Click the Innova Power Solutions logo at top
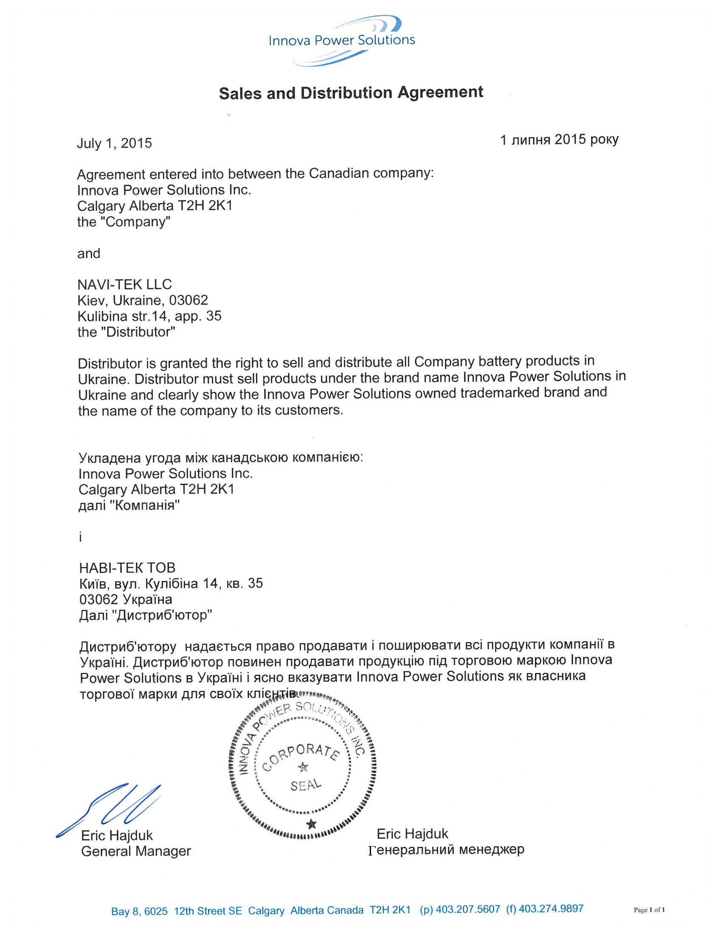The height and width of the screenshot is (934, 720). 341,41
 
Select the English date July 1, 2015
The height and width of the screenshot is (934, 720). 114,143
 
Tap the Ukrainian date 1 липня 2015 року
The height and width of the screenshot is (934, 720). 559,139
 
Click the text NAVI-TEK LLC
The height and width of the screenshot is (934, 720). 124,284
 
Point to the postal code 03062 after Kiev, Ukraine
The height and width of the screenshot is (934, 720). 188,300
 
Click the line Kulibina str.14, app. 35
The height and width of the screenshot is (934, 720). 149,316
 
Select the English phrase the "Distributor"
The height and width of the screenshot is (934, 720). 126,332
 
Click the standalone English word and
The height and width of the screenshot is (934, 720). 88,253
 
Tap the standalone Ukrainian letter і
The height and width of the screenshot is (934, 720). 80,537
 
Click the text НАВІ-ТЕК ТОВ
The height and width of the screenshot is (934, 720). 127,568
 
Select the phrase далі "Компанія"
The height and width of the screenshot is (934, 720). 129,505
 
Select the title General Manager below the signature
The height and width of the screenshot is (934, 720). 135,851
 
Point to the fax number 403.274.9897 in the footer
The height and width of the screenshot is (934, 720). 551,909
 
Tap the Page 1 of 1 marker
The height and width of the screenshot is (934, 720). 649,910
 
